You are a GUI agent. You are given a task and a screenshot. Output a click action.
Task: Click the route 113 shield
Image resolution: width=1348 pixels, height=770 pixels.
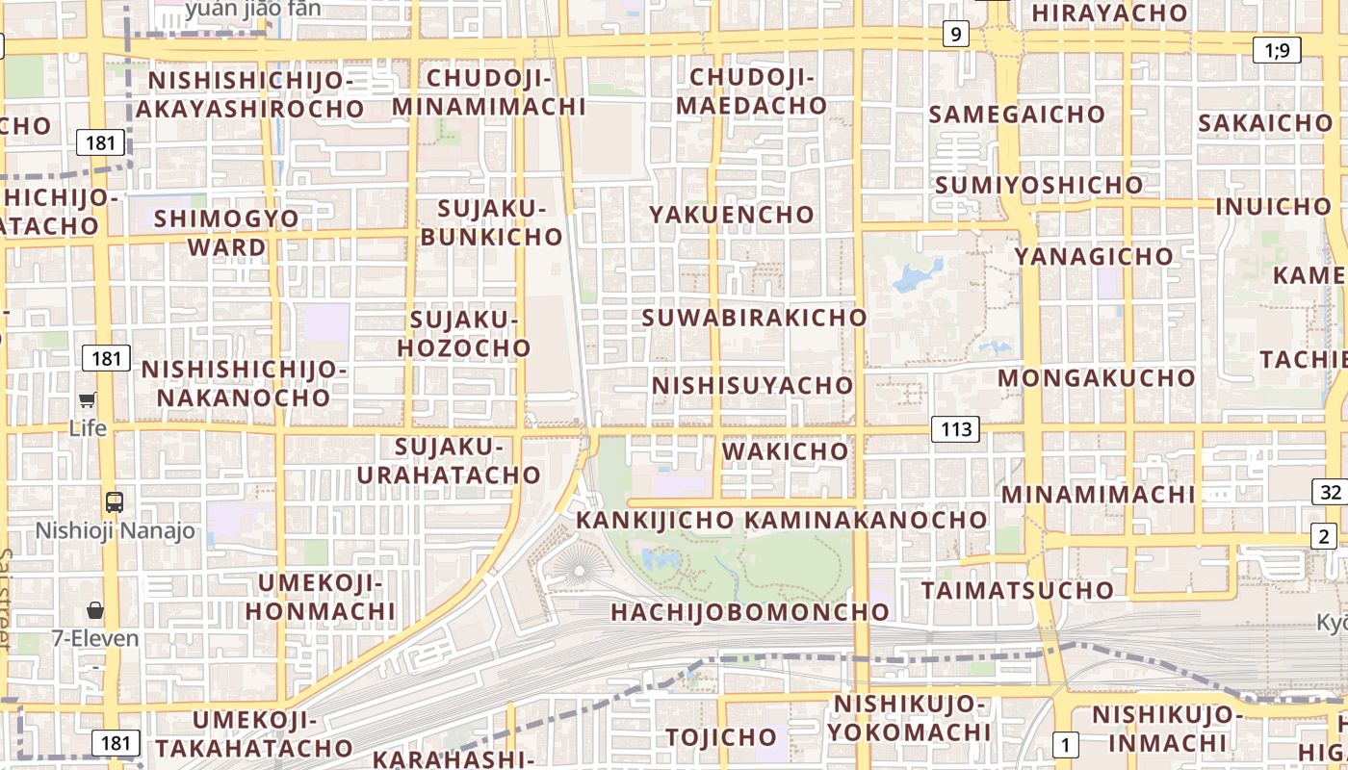click(955, 428)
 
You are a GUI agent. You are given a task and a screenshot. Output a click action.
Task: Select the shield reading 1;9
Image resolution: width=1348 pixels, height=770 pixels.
click(1277, 50)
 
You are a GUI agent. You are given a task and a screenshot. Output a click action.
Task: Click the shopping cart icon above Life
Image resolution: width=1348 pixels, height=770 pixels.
click(88, 399)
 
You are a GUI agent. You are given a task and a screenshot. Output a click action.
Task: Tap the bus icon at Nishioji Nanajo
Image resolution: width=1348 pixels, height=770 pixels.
click(115, 501)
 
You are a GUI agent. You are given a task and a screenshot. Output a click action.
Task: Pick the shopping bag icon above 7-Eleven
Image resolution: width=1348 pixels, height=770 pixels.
click(95, 609)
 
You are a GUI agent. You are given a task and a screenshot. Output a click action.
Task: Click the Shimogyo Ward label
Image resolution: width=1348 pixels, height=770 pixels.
click(227, 232)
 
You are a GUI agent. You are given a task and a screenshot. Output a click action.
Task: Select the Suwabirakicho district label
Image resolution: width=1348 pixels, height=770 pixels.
click(754, 317)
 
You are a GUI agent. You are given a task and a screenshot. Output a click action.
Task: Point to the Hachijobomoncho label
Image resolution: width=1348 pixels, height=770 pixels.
click(749, 611)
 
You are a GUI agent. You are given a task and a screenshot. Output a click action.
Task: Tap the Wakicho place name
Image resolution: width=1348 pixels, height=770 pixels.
click(785, 450)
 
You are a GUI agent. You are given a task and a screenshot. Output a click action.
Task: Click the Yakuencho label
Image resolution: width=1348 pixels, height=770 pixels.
click(732, 214)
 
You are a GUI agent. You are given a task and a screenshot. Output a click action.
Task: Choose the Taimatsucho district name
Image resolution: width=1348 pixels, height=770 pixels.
click(1017, 589)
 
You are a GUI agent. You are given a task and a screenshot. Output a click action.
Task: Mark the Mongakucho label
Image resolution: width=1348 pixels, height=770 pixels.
click(1096, 377)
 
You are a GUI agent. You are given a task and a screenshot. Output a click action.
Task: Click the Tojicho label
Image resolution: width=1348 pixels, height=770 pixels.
click(720, 737)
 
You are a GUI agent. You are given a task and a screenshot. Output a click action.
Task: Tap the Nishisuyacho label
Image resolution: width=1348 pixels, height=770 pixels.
click(752, 385)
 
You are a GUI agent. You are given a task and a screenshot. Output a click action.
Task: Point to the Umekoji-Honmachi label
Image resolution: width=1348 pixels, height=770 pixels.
click(320, 597)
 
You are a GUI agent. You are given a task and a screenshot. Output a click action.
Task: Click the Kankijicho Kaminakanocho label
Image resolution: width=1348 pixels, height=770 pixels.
click(781, 520)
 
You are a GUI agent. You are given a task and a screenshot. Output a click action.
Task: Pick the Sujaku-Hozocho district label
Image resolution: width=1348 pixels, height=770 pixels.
click(464, 333)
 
